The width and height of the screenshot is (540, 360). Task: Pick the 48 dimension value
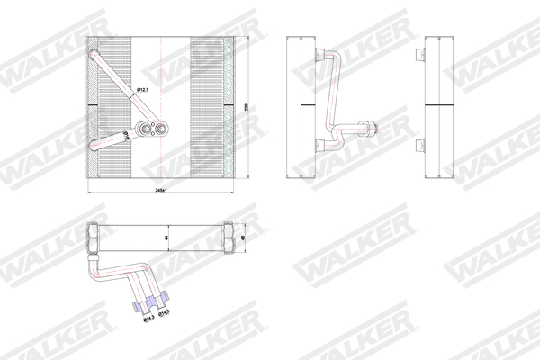click(246, 238)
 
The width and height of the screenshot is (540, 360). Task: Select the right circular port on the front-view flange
click(160, 129)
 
